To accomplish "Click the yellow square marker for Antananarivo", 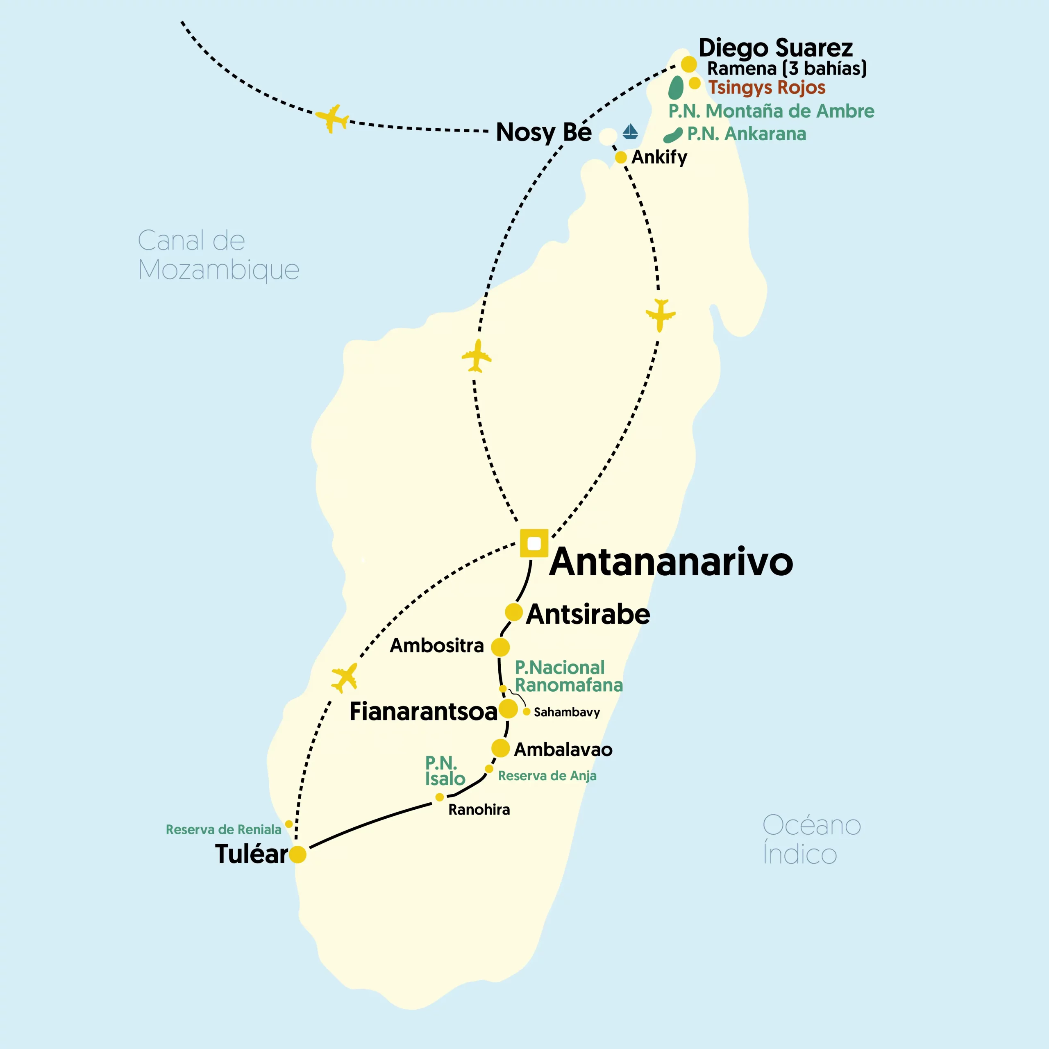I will point(534,543).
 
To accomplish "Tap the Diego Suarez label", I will point(775,48).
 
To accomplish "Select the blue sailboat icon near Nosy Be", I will point(630,132).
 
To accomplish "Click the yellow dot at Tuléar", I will point(297,854).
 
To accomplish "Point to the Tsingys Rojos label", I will point(767,87).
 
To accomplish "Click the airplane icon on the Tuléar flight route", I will point(345,678).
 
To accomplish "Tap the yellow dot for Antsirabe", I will point(513,612).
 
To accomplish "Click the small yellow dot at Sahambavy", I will point(527,711).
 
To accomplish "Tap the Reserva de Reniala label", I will point(223,830).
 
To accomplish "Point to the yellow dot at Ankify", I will point(621,157).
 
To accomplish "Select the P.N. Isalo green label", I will point(444,771).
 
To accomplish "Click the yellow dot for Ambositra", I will point(500,647).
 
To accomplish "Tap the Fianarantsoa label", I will point(423,711).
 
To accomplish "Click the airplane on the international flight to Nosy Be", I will point(331,118).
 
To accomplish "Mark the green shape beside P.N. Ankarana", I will point(673,136).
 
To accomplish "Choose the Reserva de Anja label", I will point(547,776).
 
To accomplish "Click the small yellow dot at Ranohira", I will point(439,797).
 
